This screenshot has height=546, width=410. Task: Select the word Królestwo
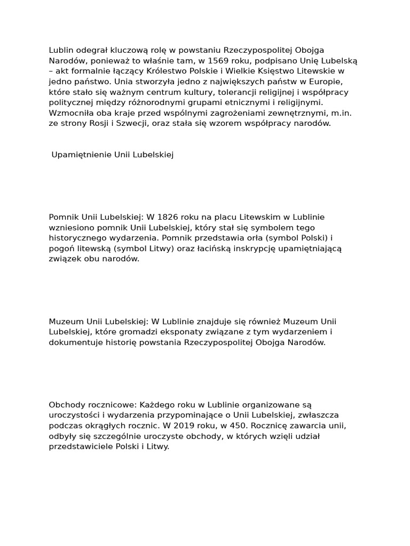coord(177,71)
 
